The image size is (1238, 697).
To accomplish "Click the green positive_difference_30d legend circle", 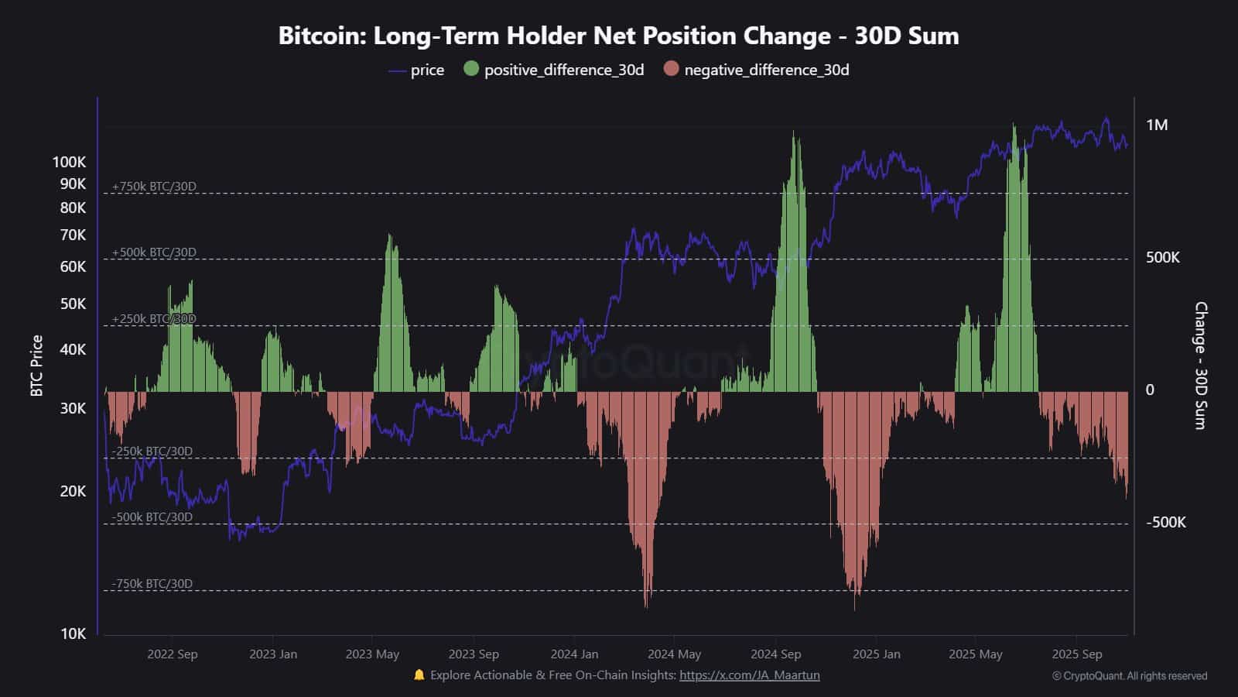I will pos(471,69).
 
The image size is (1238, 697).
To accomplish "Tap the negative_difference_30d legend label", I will pos(766,70).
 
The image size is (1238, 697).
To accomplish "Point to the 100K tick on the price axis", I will pos(69,162).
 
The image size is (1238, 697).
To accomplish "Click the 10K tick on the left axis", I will pos(73,633).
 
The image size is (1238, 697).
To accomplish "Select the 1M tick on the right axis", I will pos(1157,125).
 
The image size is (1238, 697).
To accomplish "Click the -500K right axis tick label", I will pos(1165,523).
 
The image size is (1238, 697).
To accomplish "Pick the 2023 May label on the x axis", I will pos(372,654).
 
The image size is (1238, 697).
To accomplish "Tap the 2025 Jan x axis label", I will pos(876,654).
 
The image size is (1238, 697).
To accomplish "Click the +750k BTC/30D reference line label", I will pos(154,187).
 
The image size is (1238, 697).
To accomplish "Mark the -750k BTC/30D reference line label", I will pos(152,584).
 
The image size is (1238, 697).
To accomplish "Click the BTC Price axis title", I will pos(36,366).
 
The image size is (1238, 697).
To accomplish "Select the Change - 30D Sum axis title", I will pos(1200,366).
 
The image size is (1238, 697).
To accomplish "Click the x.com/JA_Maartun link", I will pos(749,675).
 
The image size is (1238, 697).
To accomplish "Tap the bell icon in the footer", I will pos(419,675).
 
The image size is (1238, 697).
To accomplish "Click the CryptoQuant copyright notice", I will pos(1129,676).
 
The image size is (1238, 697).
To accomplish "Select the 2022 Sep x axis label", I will pos(172,654).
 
